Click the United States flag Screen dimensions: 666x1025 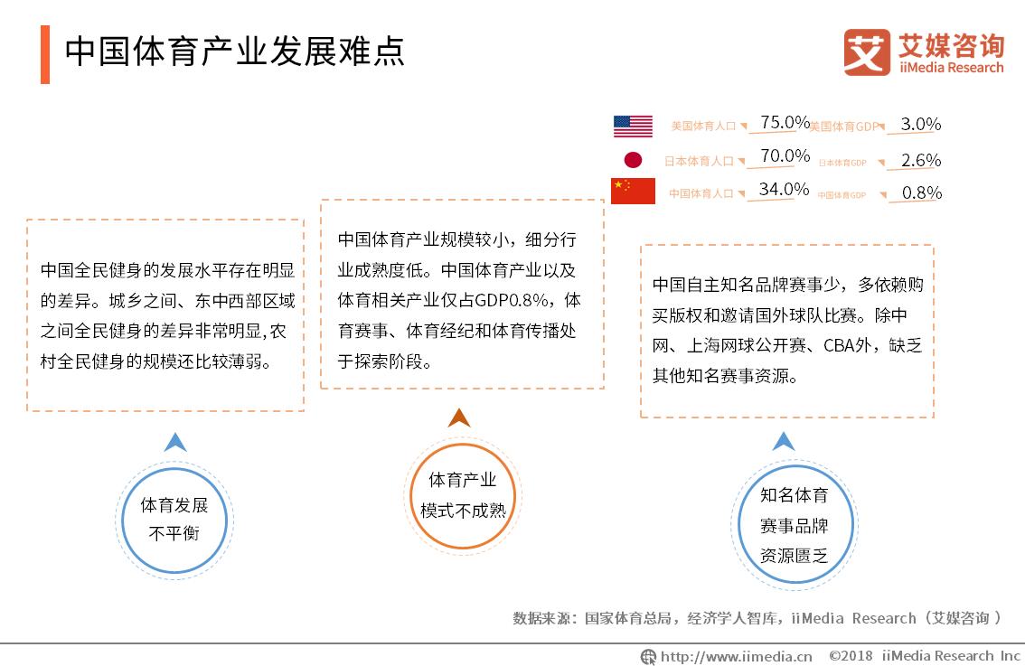click(x=633, y=126)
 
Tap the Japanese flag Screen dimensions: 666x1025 click(x=633, y=160)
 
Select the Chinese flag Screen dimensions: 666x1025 click(x=633, y=191)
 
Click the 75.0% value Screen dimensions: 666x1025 click(x=784, y=122)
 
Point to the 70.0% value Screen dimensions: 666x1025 click(x=784, y=156)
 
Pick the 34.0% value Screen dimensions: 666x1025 click(x=784, y=190)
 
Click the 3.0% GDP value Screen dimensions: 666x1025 click(x=921, y=124)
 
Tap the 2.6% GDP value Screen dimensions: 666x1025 click(x=921, y=160)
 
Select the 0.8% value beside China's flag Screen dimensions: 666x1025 click(x=921, y=192)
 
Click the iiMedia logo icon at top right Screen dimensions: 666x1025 click(x=866, y=52)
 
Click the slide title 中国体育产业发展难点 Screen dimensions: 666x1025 click(x=234, y=52)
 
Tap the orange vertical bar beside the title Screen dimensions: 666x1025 click(x=45, y=54)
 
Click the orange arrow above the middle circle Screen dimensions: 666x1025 click(x=459, y=417)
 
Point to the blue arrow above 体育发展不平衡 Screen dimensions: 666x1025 click(x=174, y=442)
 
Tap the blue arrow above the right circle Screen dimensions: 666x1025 click(x=784, y=441)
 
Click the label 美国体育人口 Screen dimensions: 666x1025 click(x=703, y=127)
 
